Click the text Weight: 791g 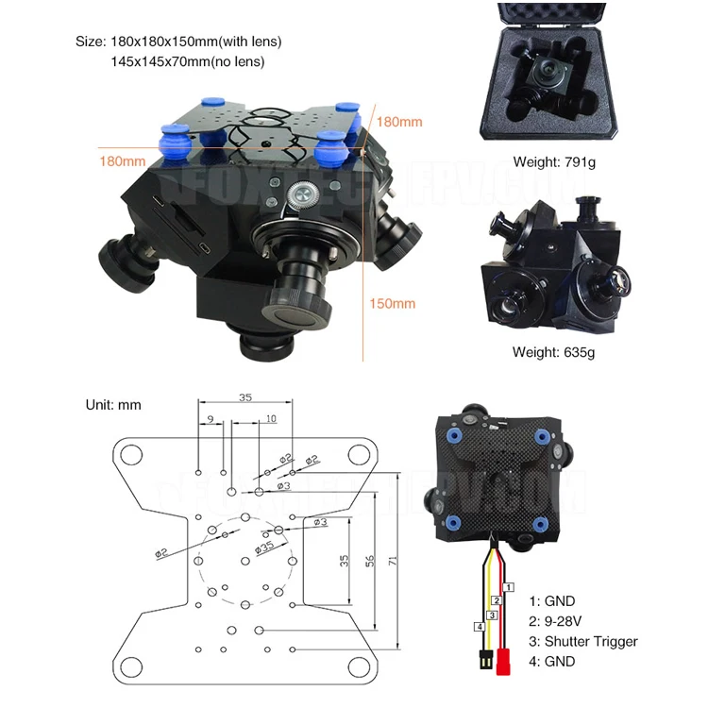(x=555, y=161)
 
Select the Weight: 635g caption (x=555, y=352)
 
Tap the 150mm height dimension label (x=391, y=303)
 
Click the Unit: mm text (x=113, y=404)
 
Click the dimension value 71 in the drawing (x=391, y=560)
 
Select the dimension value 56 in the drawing (x=370, y=560)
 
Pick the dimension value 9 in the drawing (x=211, y=418)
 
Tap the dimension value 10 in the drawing (x=271, y=418)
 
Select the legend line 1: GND (x=553, y=600)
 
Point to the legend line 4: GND (x=553, y=662)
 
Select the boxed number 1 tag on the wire (x=510, y=586)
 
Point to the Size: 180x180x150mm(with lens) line (x=178, y=42)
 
